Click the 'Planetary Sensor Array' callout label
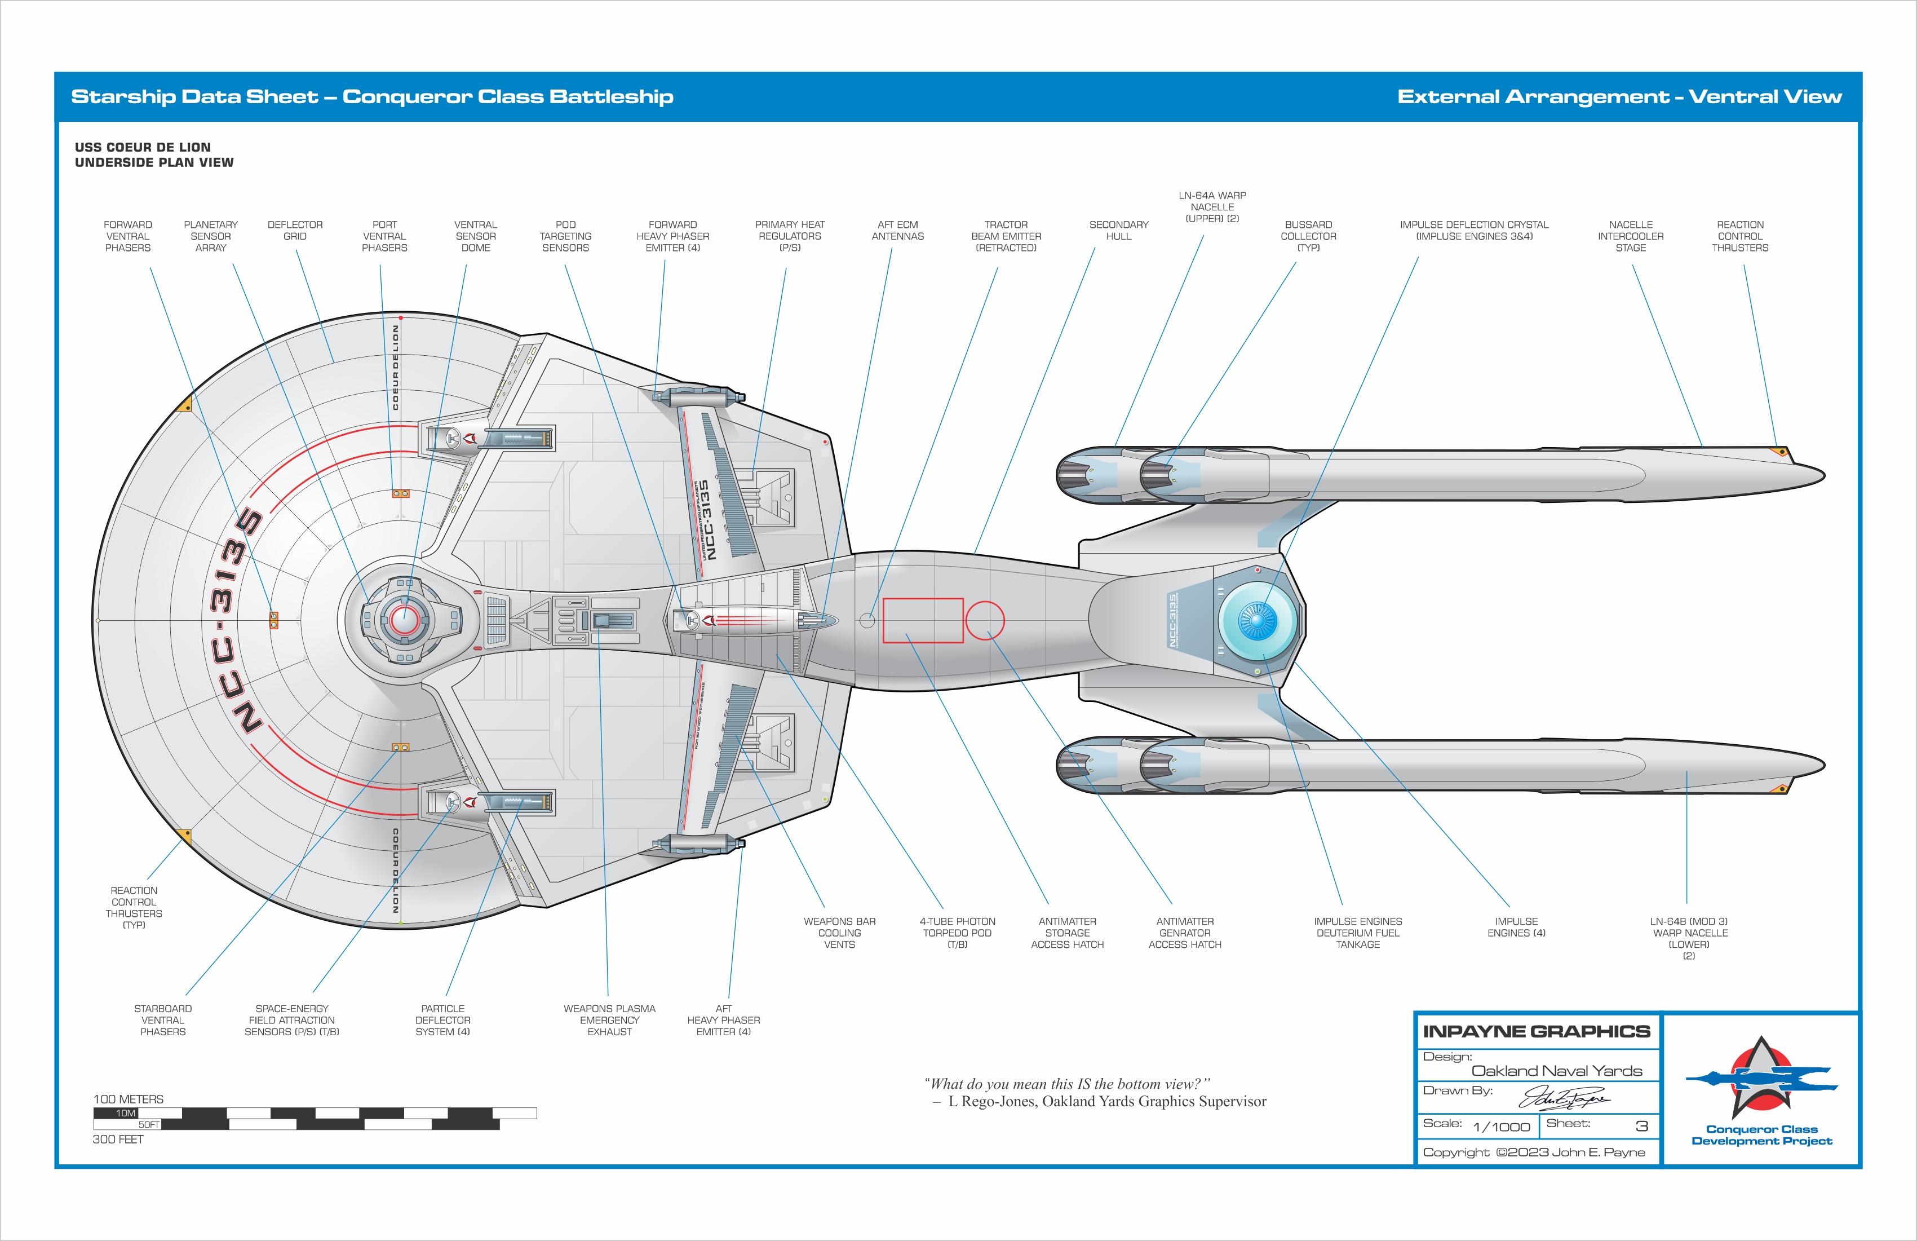[211, 236]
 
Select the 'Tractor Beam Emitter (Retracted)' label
[1006, 236]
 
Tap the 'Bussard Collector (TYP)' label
[1308, 236]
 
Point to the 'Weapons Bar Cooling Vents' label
[839, 933]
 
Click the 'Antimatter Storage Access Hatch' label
[1067, 933]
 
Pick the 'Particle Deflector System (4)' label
[442, 1019]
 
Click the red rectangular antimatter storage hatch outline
[923, 620]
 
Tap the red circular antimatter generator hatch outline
[984, 620]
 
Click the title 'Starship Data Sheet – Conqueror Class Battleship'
[372, 97]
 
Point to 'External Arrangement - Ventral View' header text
[1619, 97]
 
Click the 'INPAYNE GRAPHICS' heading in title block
[1536, 1031]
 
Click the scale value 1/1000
[1500, 1127]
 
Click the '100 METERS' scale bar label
[128, 1099]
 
